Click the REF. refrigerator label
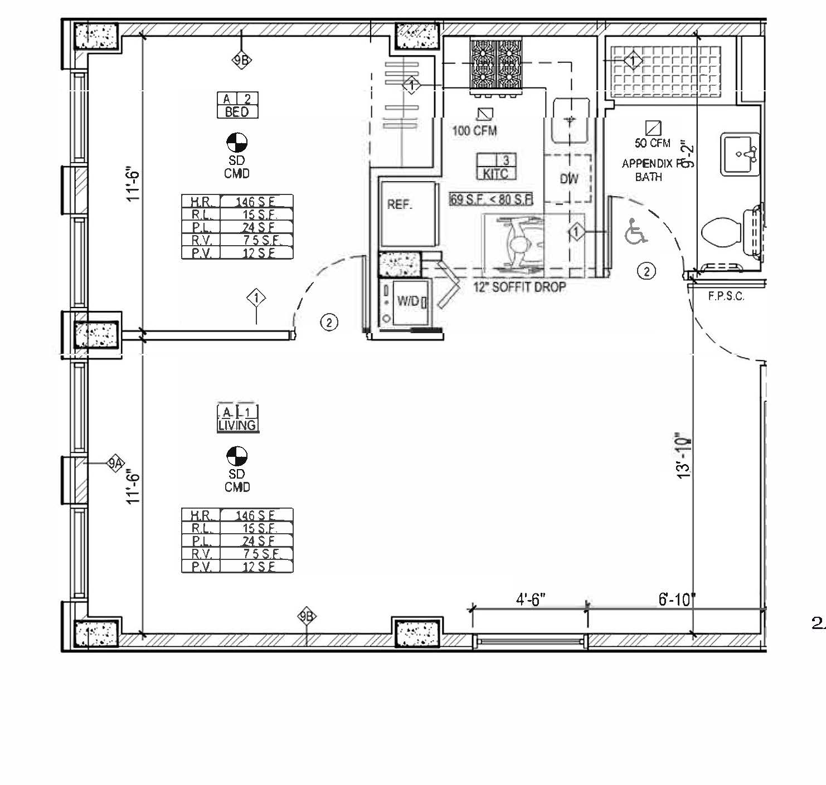[x=400, y=205]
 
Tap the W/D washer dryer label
[x=408, y=301]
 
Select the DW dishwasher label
[x=569, y=179]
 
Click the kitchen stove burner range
[x=495, y=65]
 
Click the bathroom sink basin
[x=739, y=154]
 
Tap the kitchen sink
[x=570, y=121]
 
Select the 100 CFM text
[x=474, y=131]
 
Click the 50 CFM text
[x=652, y=143]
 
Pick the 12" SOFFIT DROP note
[x=519, y=287]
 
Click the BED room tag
[x=237, y=106]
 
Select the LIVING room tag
[x=237, y=419]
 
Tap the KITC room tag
[x=495, y=167]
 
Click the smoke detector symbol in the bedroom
[x=237, y=143]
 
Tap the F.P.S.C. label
[x=726, y=296]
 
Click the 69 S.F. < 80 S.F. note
[x=491, y=199]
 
